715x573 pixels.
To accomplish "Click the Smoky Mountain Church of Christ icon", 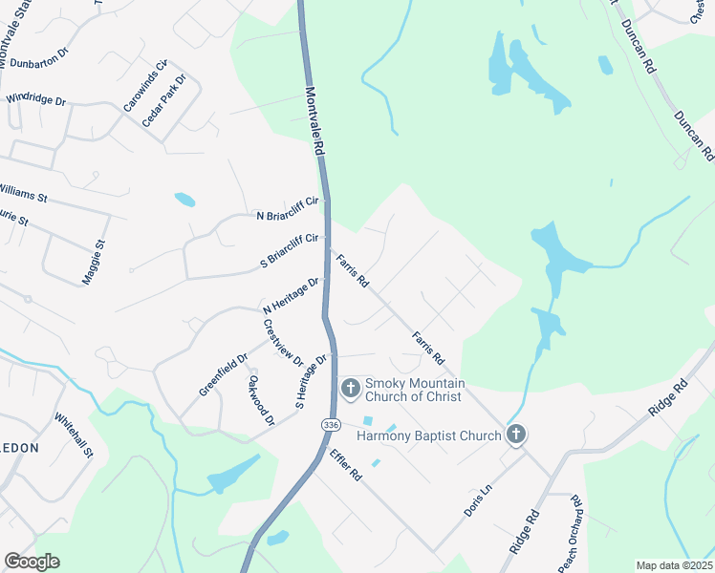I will click(350, 388).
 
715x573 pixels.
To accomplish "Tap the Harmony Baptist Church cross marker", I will click(516, 435).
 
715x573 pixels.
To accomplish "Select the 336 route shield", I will click(331, 424).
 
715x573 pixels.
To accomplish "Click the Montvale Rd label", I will click(315, 124).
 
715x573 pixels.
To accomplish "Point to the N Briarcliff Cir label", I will click(286, 216).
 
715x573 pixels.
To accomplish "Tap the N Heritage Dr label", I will click(292, 296).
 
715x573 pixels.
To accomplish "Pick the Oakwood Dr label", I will click(261, 400).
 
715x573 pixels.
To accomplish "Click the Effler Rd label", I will click(345, 462).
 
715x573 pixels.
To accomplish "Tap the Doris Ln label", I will click(477, 499).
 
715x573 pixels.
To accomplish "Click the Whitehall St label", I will click(73, 434).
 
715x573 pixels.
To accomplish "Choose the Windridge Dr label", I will click(35, 98).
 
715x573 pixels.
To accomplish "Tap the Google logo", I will click(32, 562).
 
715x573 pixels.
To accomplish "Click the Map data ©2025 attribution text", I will click(673, 565).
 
